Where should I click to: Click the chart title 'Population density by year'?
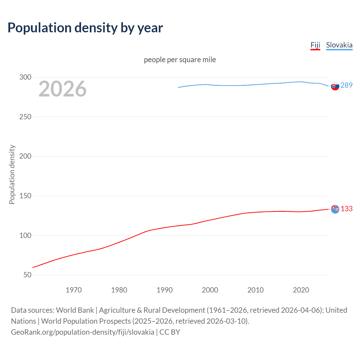click(x=85, y=28)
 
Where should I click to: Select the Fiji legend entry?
click(x=315, y=45)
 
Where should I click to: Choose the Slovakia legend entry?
click(x=339, y=45)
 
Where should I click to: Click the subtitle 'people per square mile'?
click(x=180, y=60)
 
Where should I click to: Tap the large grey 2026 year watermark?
click(x=62, y=89)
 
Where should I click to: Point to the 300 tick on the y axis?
click(x=25, y=77)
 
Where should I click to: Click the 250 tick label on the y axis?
click(x=25, y=117)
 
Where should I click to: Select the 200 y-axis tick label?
click(x=25, y=156)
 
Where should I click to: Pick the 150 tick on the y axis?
click(x=25, y=196)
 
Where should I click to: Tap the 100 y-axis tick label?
click(x=25, y=235)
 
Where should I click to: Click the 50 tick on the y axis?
click(x=27, y=275)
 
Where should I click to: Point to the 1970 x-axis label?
click(x=74, y=290)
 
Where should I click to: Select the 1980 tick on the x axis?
click(x=119, y=290)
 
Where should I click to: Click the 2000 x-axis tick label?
click(x=210, y=290)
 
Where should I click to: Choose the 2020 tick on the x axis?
click(x=301, y=290)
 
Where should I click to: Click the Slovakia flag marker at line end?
click(x=335, y=86)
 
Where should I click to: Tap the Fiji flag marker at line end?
click(x=335, y=209)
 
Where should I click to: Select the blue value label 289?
click(x=346, y=85)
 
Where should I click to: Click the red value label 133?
click(x=346, y=209)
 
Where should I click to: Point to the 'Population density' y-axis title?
click(x=12, y=174)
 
